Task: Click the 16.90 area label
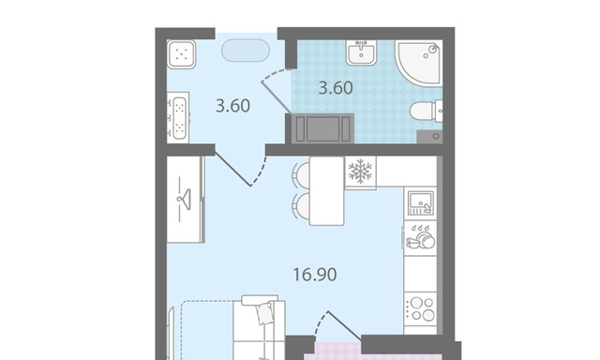tap(315, 275)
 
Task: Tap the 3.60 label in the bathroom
tap(336, 88)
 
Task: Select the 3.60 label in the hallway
tap(232, 106)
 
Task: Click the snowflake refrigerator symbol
tap(360, 171)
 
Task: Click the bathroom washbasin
tap(361, 52)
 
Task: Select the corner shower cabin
tap(418, 62)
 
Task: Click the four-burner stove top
tap(421, 308)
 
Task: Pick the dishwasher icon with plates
tap(420, 237)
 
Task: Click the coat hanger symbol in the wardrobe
tap(184, 199)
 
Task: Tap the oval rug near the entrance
tap(246, 50)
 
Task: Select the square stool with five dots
tap(182, 54)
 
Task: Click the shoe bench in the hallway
tap(178, 117)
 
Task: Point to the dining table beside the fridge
tap(327, 191)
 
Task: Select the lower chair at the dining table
tap(301, 207)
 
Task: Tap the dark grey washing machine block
tap(322, 128)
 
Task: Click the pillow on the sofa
tap(265, 313)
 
